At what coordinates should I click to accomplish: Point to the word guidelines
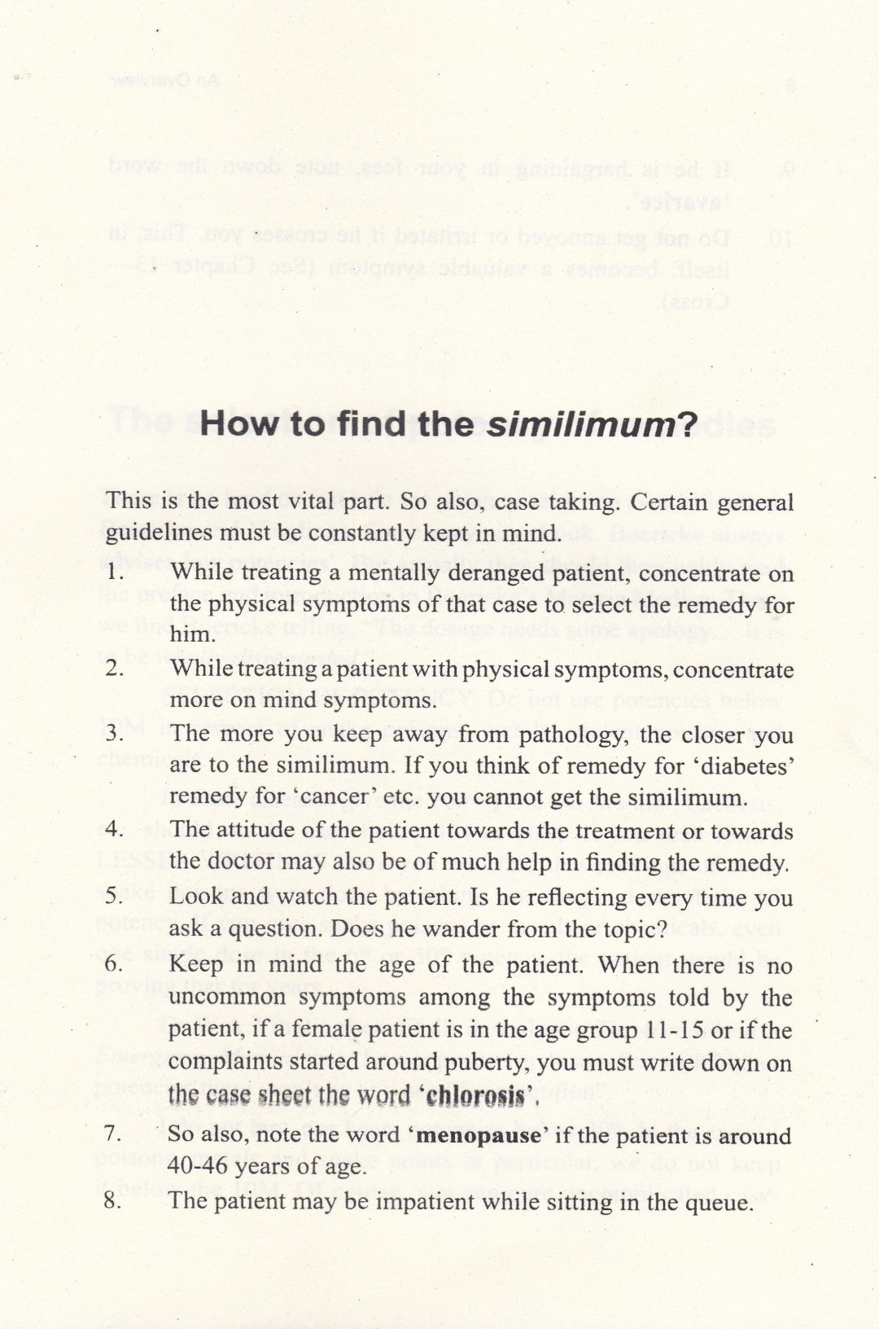click(154, 533)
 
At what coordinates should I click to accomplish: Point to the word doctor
click(243, 863)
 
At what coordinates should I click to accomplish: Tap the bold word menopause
click(479, 1135)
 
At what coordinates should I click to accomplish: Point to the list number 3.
click(114, 734)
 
